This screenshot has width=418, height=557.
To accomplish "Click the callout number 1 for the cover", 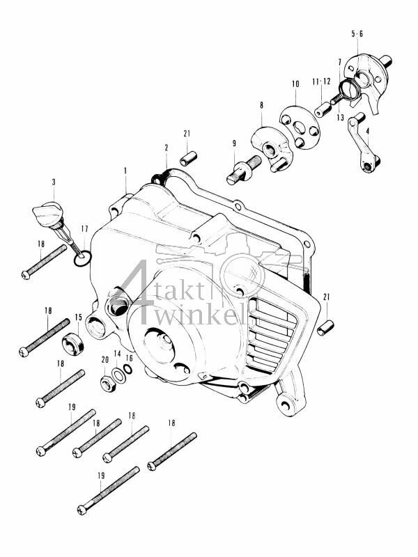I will pyautogui.click(x=125, y=170).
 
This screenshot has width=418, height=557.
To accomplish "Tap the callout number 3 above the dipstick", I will pyautogui.click(x=54, y=182).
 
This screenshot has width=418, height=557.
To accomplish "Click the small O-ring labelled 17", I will pyautogui.click(x=83, y=260).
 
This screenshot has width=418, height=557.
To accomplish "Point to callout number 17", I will pyautogui.click(x=85, y=228).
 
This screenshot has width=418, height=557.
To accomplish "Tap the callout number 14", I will pyautogui.click(x=117, y=354).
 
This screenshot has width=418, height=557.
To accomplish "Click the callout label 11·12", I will pyautogui.click(x=320, y=83).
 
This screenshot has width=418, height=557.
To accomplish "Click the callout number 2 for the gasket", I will pyautogui.click(x=167, y=148).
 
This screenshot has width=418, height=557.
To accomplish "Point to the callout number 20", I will pyautogui.click(x=105, y=360).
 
